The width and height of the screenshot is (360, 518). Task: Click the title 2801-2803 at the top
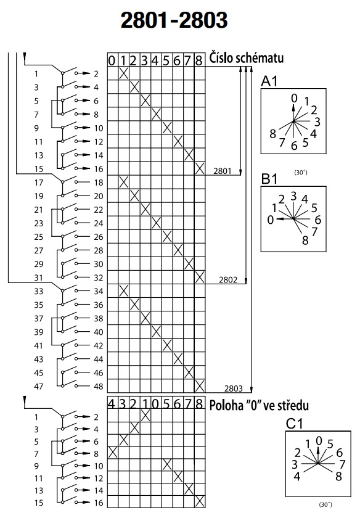[x=174, y=20]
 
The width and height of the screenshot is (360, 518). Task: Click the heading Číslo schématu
[x=247, y=58]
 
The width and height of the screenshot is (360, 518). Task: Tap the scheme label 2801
[x=223, y=171]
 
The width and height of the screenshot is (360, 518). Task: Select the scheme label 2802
[x=228, y=280]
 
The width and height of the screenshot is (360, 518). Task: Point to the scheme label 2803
[x=234, y=388]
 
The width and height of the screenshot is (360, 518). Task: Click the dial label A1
[x=269, y=81]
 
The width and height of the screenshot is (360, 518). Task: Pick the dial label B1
[x=269, y=179]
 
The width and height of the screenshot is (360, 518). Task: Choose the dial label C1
[x=294, y=424]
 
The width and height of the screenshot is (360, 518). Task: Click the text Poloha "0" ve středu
[x=259, y=405]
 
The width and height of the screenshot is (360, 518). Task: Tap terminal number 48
[x=99, y=386]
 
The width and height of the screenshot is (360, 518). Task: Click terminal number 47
[x=39, y=386]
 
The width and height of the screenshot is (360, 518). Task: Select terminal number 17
[x=39, y=183]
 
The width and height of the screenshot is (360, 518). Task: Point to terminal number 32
[x=99, y=277]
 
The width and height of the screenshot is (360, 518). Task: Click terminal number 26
[x=99, y=237]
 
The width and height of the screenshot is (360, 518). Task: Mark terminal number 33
[x=39, y=291]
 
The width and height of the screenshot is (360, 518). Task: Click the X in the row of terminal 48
[x=200, y=386]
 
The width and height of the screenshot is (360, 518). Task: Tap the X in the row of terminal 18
[x=123, y=182]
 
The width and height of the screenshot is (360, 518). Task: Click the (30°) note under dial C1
[x=325, y=504]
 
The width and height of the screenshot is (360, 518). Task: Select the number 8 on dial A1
[x=272, y=134]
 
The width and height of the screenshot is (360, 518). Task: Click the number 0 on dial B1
[x=271, y=220]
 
